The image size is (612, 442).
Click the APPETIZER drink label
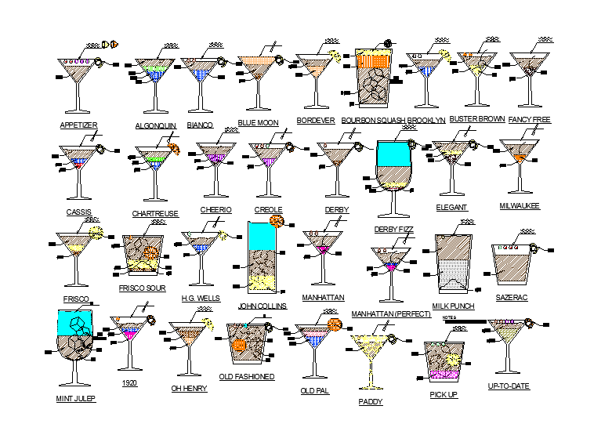coord(78,125)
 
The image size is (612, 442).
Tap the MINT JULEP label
coord(76,398)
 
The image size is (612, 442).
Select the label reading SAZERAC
coord(512,298)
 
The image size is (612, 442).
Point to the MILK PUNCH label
coord(454,306)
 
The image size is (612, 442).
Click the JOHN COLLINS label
coord(263,306)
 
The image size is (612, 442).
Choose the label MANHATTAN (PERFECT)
coord(391,313)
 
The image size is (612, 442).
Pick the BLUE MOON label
coord(258,122)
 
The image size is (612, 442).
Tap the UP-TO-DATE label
coord(509,386)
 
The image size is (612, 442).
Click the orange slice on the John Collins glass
coord(276,220)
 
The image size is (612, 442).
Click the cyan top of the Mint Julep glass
coord(76,320)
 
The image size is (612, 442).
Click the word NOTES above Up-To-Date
coord(449,317)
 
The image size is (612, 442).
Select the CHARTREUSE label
coord(155,213)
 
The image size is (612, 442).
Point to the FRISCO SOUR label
coord(142,288)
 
